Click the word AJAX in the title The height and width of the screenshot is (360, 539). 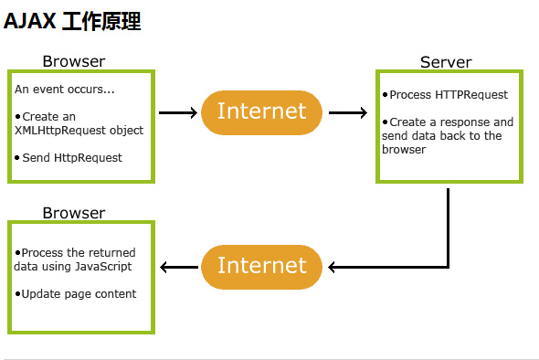coord(29,22)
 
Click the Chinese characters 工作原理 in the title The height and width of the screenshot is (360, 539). coord(101,22)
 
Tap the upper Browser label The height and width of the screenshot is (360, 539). coord(74,61)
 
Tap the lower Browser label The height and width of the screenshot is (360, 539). coord(74,213)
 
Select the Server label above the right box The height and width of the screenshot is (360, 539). coord(446,62)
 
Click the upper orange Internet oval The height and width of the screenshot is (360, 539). coord(261,112)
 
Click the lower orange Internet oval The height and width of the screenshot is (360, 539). coord(261,266)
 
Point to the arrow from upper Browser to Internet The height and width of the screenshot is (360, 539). coord(178,113)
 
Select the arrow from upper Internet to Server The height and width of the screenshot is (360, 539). coord(347,113)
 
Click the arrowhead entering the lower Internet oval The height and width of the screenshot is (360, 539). coord(333,267)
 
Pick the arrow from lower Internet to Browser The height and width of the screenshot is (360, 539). coord(179,267)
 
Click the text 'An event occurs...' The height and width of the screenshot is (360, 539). coord(65,90)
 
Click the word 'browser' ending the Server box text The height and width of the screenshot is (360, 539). coord(404,149)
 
